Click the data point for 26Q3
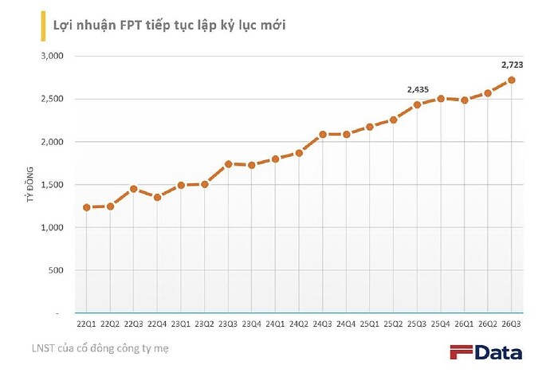[512, 80]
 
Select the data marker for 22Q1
[86, 207]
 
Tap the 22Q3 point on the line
[134, 189]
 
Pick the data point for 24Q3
[323, 135]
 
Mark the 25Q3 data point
[417, 105]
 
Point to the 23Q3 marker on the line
[228, 164]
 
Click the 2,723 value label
[512, 65]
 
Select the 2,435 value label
[418, 90]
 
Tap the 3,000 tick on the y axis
[53, 56]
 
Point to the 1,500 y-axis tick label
[53, 185]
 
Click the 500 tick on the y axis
[56, 270]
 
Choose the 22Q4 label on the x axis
[157, 324]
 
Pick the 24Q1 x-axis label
[275, 324]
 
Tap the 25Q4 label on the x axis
[441, 324]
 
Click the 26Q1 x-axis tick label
[464, 324]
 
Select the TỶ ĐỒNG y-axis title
[30, 184]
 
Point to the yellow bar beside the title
[43, 26]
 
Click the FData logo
[485, 352]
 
